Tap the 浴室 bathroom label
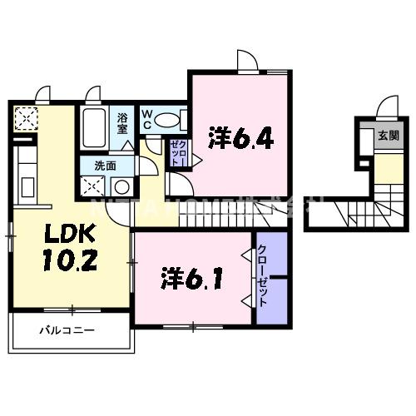click(121, 124)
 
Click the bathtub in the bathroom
click(94, 126)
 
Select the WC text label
click(146, 119)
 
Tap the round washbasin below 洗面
click(122, 186)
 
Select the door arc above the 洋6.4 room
click(247, 62)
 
